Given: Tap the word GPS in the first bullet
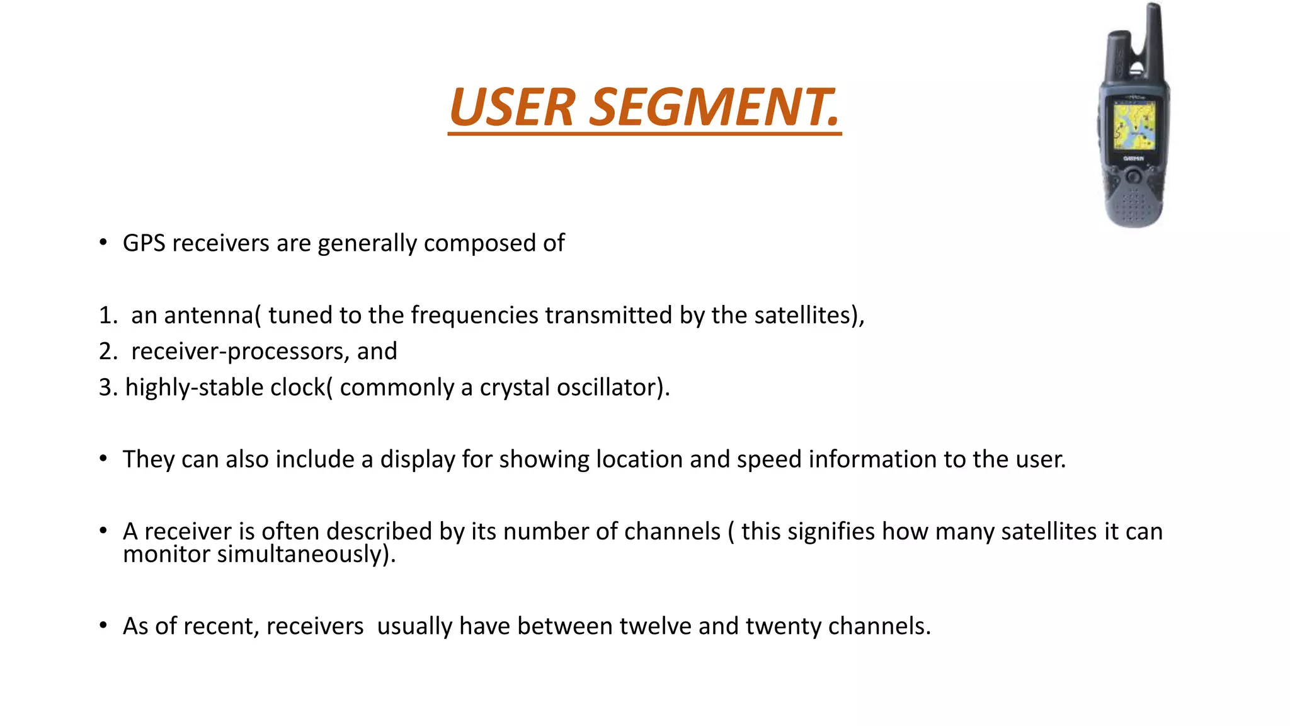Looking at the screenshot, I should [144, 243].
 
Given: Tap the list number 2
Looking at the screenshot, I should [108, 352].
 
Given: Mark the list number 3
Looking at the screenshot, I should [108, 388].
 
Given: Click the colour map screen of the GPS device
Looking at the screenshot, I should [1134, 127].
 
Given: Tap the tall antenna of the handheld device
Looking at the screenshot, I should [1153, 38].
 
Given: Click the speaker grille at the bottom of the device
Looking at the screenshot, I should [1133, 205].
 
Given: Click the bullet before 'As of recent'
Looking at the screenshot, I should [103, 626].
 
